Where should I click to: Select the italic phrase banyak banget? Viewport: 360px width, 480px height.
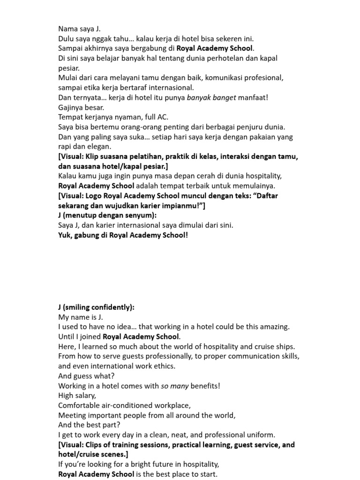[211, 97]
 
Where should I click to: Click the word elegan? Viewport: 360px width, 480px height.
[99, 147]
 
